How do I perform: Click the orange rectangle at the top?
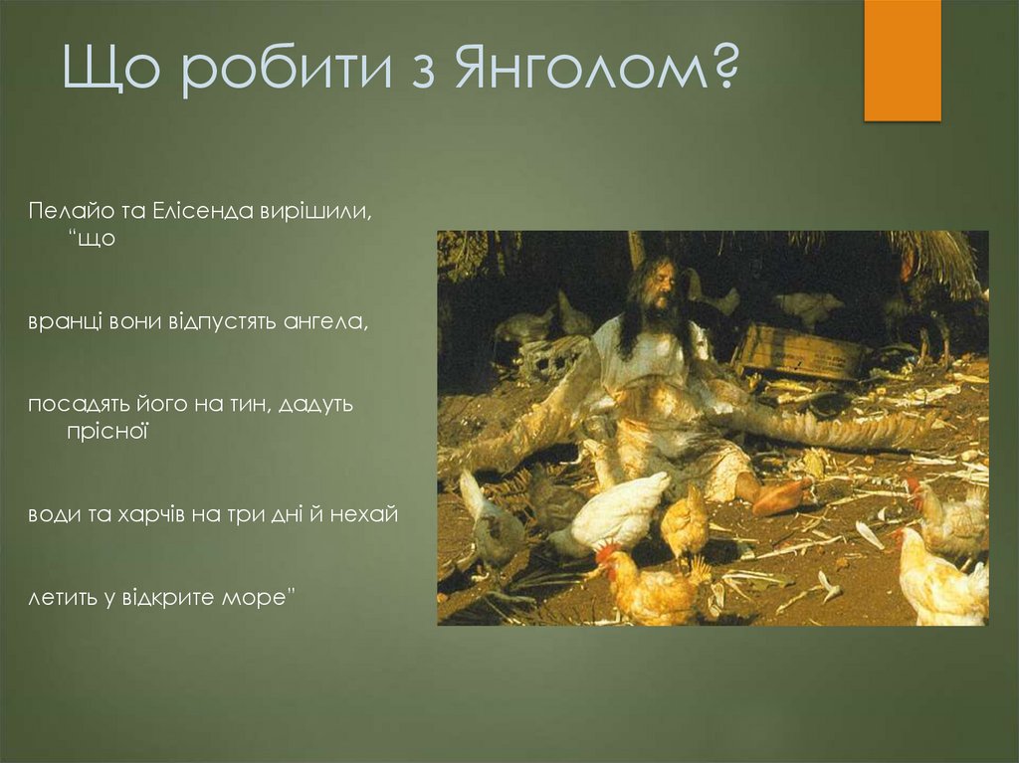[902, 60]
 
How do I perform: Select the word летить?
[64, 599]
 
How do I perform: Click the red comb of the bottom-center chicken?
[607, 552]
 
